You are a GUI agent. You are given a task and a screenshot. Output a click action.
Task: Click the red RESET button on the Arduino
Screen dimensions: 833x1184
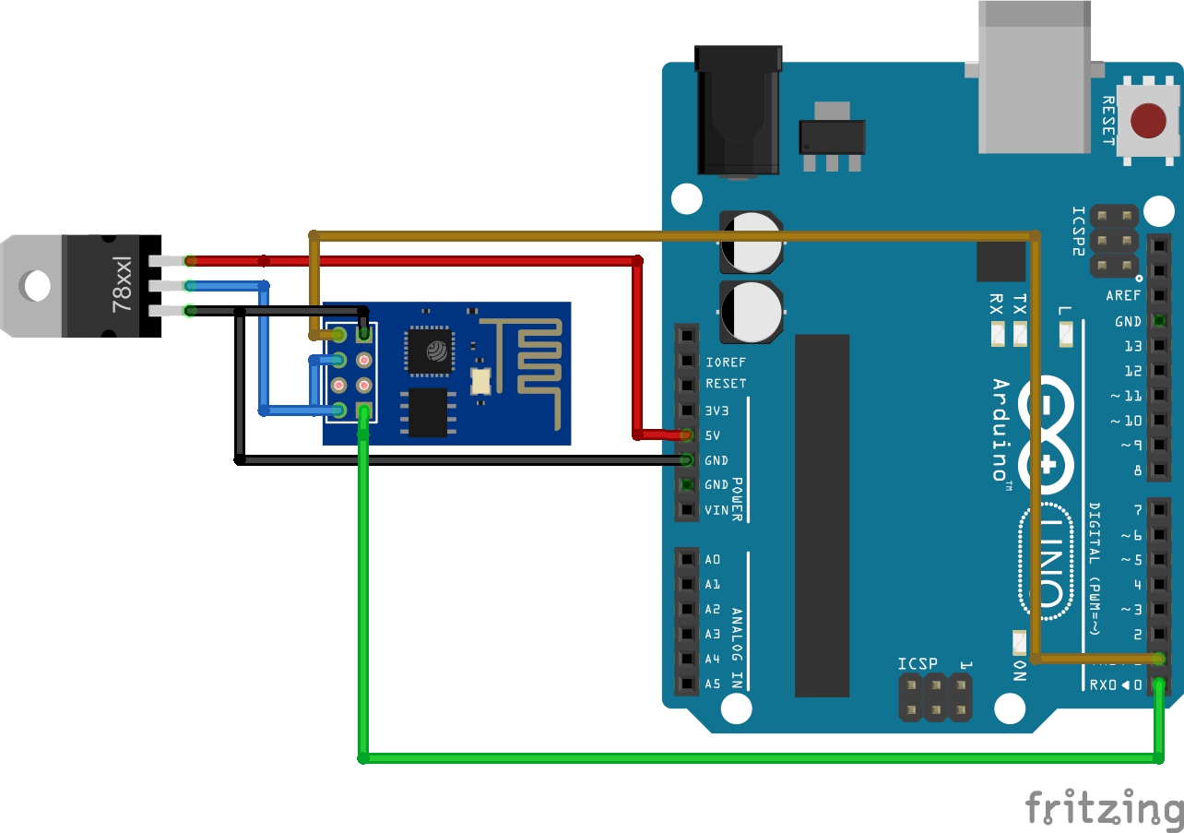[x=1148, y=120]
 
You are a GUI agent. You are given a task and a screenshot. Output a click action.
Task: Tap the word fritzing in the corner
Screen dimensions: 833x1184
[x=1104, y=807]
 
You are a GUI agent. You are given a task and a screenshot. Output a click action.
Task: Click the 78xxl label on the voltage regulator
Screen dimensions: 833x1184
[x=124, y=285]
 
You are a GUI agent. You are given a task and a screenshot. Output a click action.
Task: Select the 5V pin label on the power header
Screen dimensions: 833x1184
[x=714, y=434]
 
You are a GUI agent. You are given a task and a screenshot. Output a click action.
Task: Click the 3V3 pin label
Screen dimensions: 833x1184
[x=717, y=410]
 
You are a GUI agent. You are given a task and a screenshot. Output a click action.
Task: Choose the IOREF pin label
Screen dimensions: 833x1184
[x=725, y=362]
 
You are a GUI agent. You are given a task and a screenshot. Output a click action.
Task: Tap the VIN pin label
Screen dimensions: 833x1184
[x=716, y=509]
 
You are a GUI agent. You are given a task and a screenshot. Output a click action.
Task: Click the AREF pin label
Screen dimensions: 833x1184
[x=1123, y=296]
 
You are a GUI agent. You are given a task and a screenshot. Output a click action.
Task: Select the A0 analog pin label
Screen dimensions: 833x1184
[x=713, y=559]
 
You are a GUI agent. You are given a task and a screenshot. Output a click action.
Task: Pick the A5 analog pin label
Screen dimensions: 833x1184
[x=713, y=684]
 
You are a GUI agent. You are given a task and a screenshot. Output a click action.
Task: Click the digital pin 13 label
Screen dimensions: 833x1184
[x=1132, y=346]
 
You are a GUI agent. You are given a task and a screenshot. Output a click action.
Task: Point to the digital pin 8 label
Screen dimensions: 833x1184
[x=1137, y=470]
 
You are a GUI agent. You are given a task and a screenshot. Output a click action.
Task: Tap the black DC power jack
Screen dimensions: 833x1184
[x=738, y=111]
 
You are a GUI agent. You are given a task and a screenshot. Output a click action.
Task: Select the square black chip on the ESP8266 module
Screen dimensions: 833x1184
[x=429, y=351]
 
